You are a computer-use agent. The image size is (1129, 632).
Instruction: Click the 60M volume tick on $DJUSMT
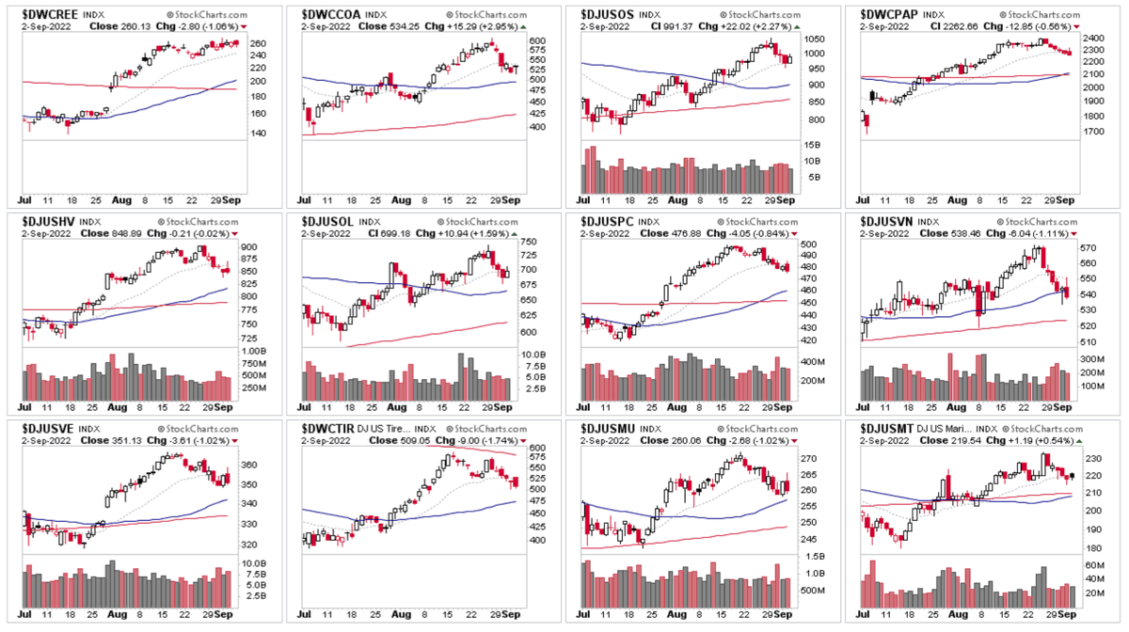pyautogui.click(x=1092, y=565)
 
